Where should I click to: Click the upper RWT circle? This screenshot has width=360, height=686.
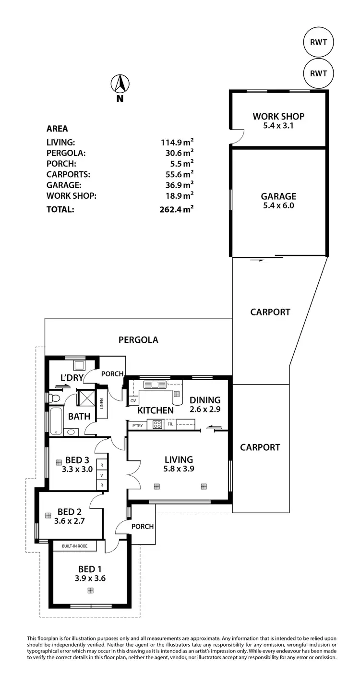[x=319, y=42]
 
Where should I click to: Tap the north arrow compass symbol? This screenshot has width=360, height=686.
[x=120, y=84]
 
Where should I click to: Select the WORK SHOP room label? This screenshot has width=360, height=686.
[x=278, y=116]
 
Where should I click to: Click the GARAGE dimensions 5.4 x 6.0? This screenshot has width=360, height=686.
[x=278, y=205]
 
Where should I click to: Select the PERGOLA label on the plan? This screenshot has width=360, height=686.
[x=138, y=340]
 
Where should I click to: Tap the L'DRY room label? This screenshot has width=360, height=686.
[x=72, y=378]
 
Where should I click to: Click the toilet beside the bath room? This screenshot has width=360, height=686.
[x=54, y=398]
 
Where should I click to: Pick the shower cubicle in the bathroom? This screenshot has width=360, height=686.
[x=87, y=398]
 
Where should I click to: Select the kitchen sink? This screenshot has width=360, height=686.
[x=155, y=384]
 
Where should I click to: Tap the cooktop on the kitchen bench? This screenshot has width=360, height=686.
[x=157, y=424]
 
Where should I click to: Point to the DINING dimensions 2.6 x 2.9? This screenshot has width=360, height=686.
[x=205, y=409]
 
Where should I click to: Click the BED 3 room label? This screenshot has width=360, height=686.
[x=77, y=460]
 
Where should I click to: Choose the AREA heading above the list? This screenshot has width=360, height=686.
[x=57, y=129]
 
